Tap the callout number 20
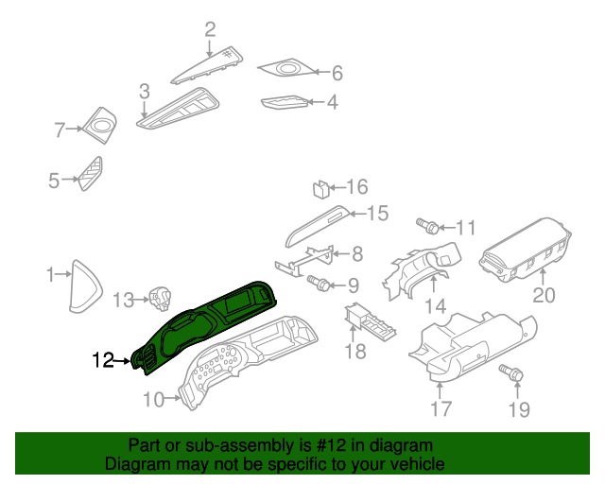click(x=544, y=296)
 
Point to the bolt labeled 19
click(x=512, y=375)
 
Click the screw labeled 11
click(x=428, y=226)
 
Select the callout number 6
click(x=336, y=73)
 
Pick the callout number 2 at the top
click(x=210, y=29)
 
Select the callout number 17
click(x=441, y=408)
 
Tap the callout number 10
click(x=153, y=400)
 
